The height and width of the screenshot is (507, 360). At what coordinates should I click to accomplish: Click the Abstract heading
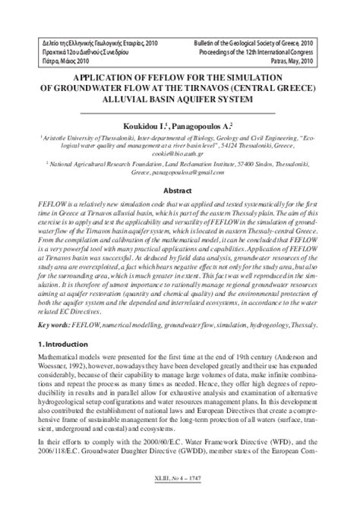click(179, 192)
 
